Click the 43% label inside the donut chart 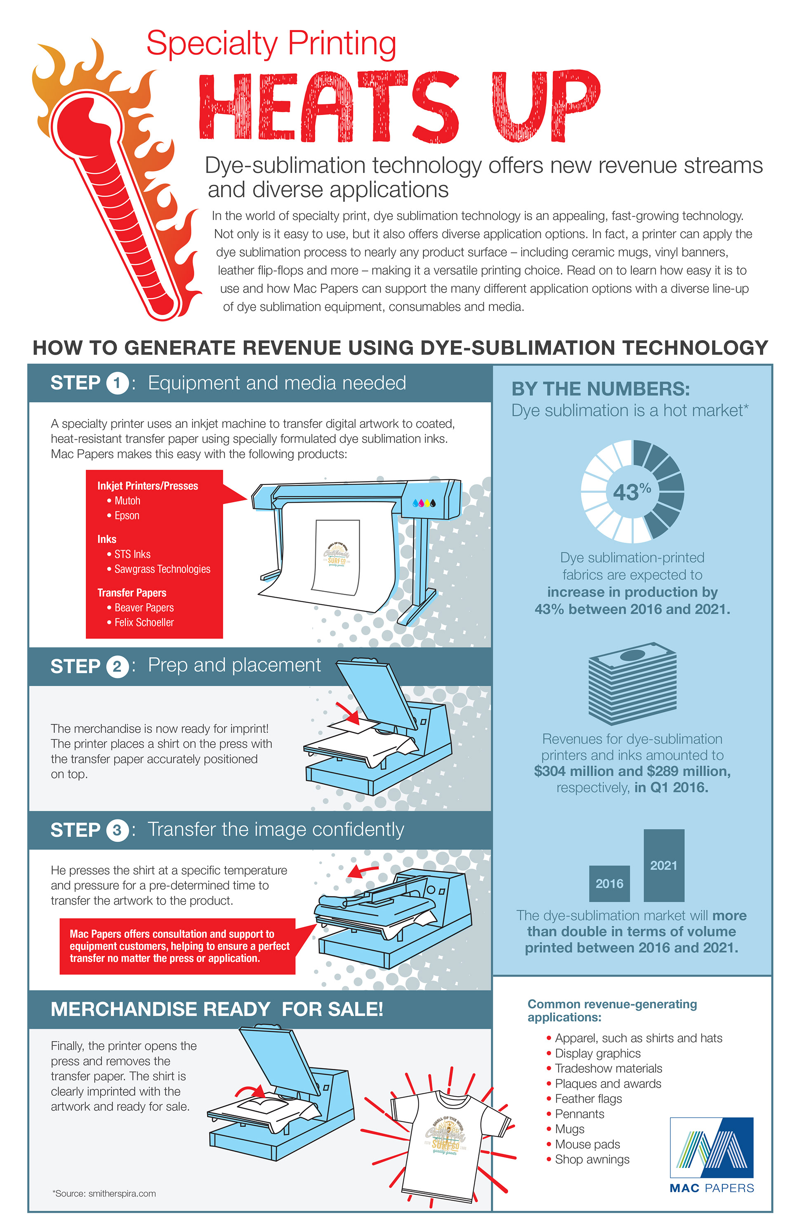632,492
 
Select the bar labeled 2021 664,865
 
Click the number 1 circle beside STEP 117,383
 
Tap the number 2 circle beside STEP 117,667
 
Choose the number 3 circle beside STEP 117,830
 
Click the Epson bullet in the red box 126,516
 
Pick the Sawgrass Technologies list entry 162,569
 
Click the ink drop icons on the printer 424,503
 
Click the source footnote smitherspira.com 104,1193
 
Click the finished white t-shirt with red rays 444,1138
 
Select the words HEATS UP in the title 399,106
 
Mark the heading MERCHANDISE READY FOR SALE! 217,1010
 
